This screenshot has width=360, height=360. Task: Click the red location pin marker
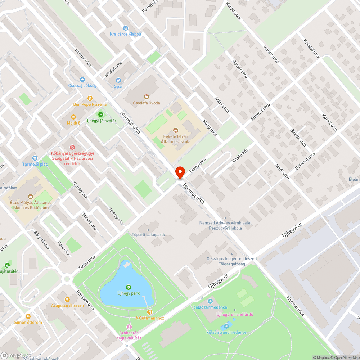coord(180,172)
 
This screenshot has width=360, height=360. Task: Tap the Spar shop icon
coord(118,80)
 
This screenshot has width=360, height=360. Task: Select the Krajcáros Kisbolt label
coord(126,34)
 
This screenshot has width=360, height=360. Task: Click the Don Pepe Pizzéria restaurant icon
coord(90,98)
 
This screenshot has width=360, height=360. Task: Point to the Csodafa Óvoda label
coord(147,103)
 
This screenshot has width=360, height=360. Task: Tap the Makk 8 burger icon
coord(73,117)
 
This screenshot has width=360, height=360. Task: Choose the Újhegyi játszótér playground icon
coord(101,114)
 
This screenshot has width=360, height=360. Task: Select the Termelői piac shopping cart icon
coord(35,158)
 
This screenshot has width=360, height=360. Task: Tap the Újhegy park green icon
coord(128,287)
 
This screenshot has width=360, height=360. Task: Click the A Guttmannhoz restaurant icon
coord(150,312)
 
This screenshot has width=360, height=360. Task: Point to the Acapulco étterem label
coord(67,306)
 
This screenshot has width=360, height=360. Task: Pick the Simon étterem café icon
coord(28,316)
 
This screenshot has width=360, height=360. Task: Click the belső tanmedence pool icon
coord(211,301)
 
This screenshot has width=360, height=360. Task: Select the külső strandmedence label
coord(226,332)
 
